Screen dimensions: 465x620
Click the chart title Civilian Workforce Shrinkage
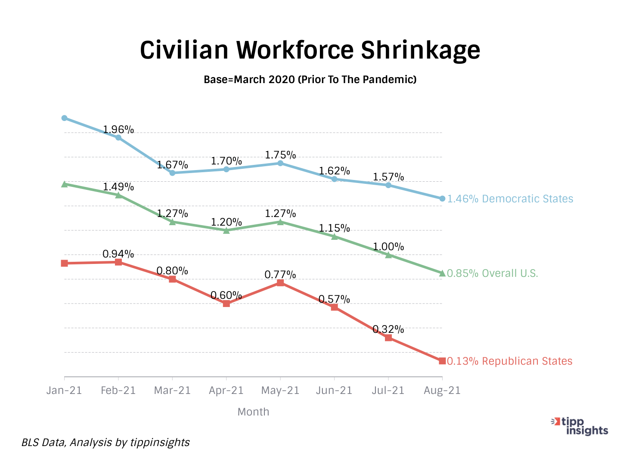[310, 50]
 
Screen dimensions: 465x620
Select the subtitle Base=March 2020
[310, 80]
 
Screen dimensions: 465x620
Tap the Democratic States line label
[510, 199]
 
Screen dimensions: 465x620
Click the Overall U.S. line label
[493, 273]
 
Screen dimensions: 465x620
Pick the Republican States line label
[510, 361]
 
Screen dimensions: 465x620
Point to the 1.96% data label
[118, 130]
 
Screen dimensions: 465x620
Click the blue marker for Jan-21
[65, 118]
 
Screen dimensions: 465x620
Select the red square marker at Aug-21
[442, 361]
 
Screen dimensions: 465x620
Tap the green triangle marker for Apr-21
[226, 230]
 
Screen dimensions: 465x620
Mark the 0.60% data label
[226, 295]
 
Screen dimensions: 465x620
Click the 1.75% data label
[280, 155]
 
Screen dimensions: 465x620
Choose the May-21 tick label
[280, 391]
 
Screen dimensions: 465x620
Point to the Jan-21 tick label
[64, 391]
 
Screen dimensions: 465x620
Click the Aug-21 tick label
[442, 391]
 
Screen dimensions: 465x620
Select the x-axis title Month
[253, 412]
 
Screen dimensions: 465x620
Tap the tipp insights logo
[580, 426]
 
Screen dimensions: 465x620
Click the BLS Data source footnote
[105, 443]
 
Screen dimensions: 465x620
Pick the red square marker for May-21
[280, 283]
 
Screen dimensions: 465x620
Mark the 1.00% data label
[388, 247]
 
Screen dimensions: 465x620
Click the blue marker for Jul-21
[388, 185]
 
